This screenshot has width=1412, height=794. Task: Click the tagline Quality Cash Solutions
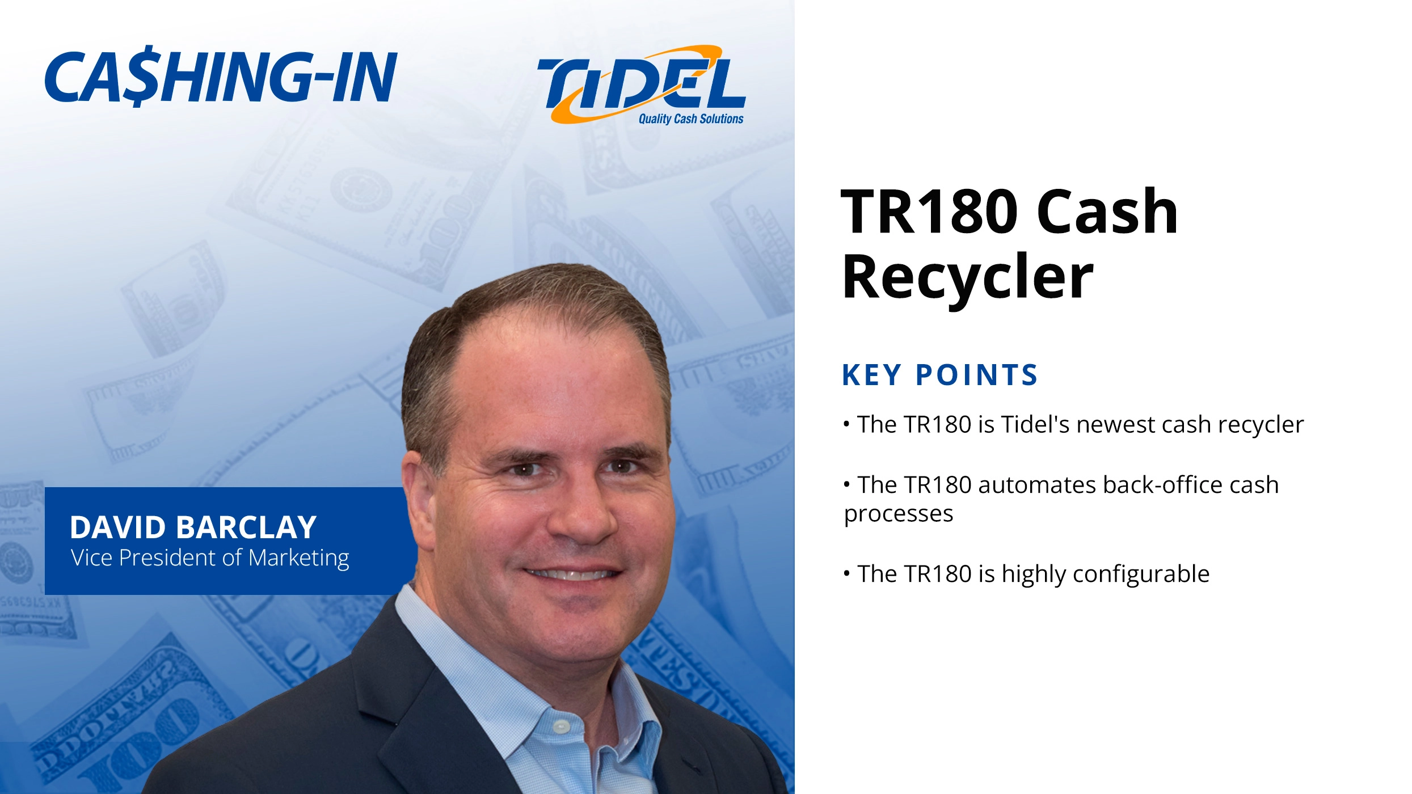690,119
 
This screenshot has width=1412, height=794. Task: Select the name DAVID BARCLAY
193,527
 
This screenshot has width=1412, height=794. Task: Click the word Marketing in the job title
299,558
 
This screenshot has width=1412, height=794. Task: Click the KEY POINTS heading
939,375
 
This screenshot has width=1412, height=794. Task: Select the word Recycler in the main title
968,278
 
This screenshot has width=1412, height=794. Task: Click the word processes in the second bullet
899,514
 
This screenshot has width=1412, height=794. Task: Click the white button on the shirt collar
561,726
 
